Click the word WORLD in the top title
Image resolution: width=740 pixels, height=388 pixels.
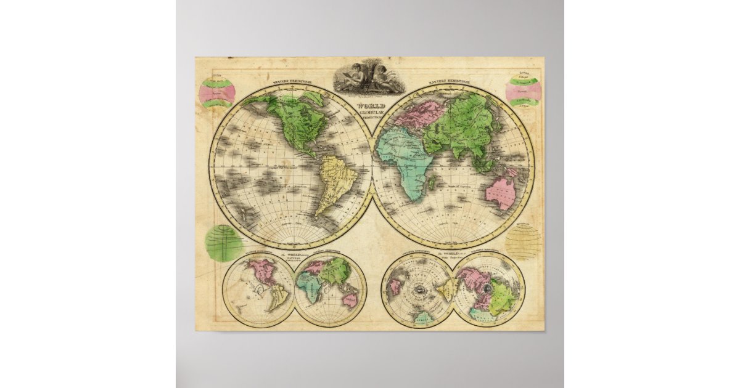pos(372,105)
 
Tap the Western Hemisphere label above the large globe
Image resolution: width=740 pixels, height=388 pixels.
pos(291,81)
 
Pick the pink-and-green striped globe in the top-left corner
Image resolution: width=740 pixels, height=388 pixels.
pos(217,92)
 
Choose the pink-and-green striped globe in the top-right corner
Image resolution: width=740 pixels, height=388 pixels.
pos(524,91)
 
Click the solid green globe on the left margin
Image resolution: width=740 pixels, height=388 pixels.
pos(223,243)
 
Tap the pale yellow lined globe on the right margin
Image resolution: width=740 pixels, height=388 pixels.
pos(524,241)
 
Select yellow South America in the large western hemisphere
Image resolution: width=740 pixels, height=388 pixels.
pos(334,180)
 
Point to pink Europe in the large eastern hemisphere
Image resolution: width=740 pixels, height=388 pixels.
pos(421,113)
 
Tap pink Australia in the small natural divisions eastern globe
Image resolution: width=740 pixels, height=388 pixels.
pos(350,299)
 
